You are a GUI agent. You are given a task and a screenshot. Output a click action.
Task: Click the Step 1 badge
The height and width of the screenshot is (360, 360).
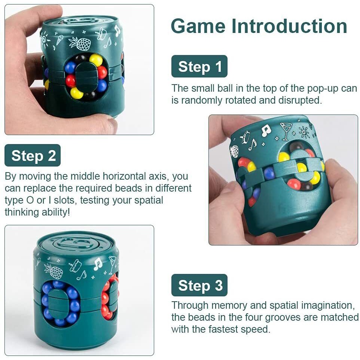[199, 66]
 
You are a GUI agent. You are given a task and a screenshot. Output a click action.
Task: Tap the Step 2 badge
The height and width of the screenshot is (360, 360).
[33, 155]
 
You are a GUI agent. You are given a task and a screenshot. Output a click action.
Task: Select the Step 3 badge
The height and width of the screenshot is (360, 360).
[199, 285]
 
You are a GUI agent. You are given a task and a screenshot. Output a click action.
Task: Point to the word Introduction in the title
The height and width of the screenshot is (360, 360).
[289, 27]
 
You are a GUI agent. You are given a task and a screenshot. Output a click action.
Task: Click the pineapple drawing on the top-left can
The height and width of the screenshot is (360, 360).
[80, 43]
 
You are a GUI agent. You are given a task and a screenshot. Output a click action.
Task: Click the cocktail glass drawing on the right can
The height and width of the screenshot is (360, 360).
[286, 131]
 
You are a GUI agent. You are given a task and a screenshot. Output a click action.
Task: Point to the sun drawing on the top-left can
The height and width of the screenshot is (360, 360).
[45, 38]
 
